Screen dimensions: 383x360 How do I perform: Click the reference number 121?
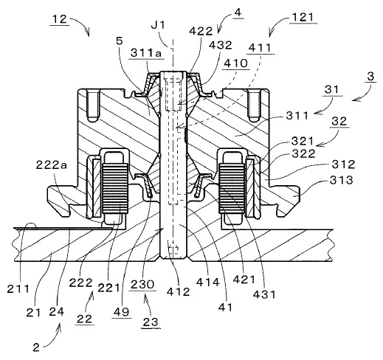(303, 18)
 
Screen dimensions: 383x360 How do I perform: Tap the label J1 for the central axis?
(159, 25)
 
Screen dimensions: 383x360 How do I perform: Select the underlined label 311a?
(146, 52)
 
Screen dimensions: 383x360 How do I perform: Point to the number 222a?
(51, 165)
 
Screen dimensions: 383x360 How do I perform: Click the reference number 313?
(341, 180)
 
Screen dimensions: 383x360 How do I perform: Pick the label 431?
(264, 294)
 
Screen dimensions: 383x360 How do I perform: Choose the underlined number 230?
(142, 285)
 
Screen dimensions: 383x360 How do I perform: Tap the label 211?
(18, 288)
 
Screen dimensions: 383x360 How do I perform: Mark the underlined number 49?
(121, 312)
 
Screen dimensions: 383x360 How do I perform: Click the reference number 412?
(178, 291)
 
